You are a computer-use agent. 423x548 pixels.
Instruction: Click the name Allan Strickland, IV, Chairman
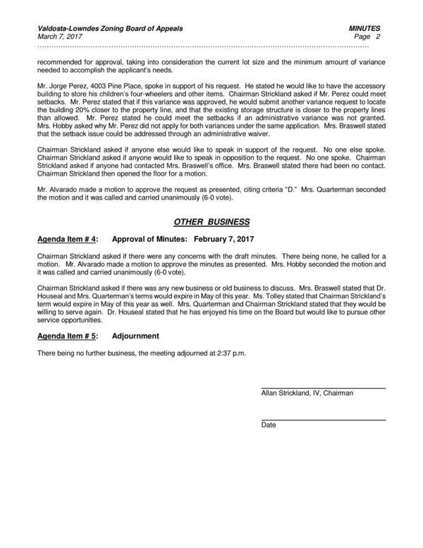coord(307,393)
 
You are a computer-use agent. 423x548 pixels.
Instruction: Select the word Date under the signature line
coord(268,425)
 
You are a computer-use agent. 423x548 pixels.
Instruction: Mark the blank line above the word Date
coord(323,420)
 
